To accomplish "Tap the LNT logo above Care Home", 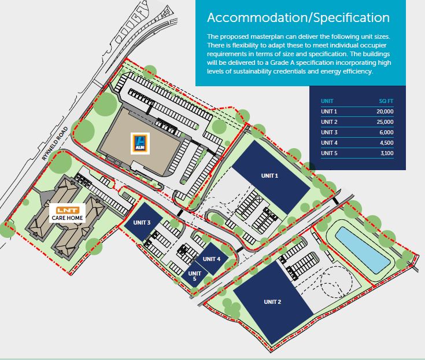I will (67, 210).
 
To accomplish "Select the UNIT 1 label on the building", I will (269, 175).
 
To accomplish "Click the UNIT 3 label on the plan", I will (142, 222).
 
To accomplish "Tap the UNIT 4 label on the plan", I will (212, 259).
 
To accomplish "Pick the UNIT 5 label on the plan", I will (195, 275).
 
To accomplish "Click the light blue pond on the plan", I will (363, 249).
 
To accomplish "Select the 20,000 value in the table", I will (385, 111).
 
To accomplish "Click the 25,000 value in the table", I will (385, 122).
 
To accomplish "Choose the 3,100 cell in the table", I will (387, 153).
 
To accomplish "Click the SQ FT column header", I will (386, 101).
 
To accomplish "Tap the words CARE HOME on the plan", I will (67, 218).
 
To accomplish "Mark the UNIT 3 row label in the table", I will (329, 132).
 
